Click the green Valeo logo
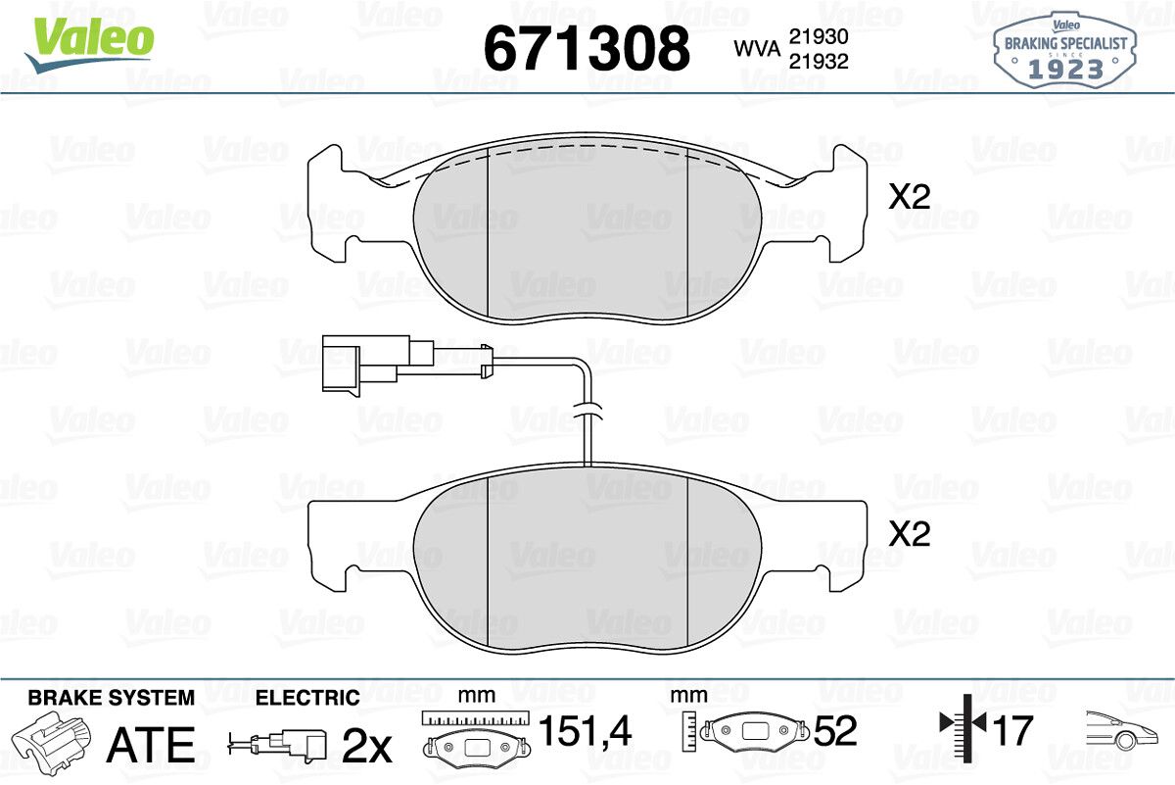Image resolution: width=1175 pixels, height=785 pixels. [90, 43]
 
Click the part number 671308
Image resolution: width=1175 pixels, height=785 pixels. [587, 48]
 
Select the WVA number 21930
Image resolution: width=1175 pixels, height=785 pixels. [819, 37]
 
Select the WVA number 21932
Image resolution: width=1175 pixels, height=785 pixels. [819, 62]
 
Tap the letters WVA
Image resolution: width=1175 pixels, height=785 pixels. [758, 49]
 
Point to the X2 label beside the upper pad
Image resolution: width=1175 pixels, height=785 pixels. [910, 197]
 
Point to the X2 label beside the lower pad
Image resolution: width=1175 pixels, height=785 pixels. [910, 534]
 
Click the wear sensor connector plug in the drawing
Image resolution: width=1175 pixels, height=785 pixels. [378, 364]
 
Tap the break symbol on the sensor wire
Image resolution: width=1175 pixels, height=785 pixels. [588, 412]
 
